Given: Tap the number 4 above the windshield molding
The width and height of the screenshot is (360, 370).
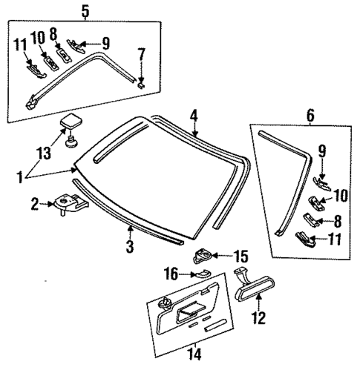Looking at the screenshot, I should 193,115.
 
